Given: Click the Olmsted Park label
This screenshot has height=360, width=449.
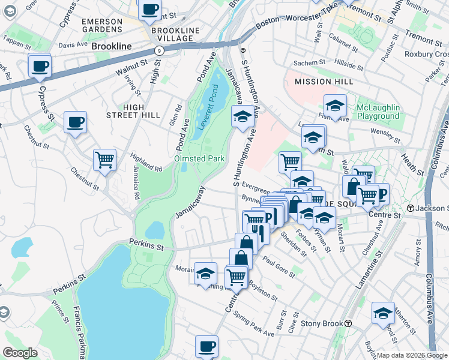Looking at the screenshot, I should click(x=199, y=158).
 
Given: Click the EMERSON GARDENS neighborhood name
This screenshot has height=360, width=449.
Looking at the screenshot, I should click(x=102, y=26).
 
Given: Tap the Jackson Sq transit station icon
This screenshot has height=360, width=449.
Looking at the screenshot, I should click(x=411, y=208).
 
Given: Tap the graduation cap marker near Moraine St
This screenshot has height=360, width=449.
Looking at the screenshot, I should click(x=205, y=273).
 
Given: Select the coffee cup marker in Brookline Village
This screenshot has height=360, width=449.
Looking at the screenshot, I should click(x=149, y=10).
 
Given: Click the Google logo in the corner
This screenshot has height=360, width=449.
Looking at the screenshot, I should click(x=20, y=353).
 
